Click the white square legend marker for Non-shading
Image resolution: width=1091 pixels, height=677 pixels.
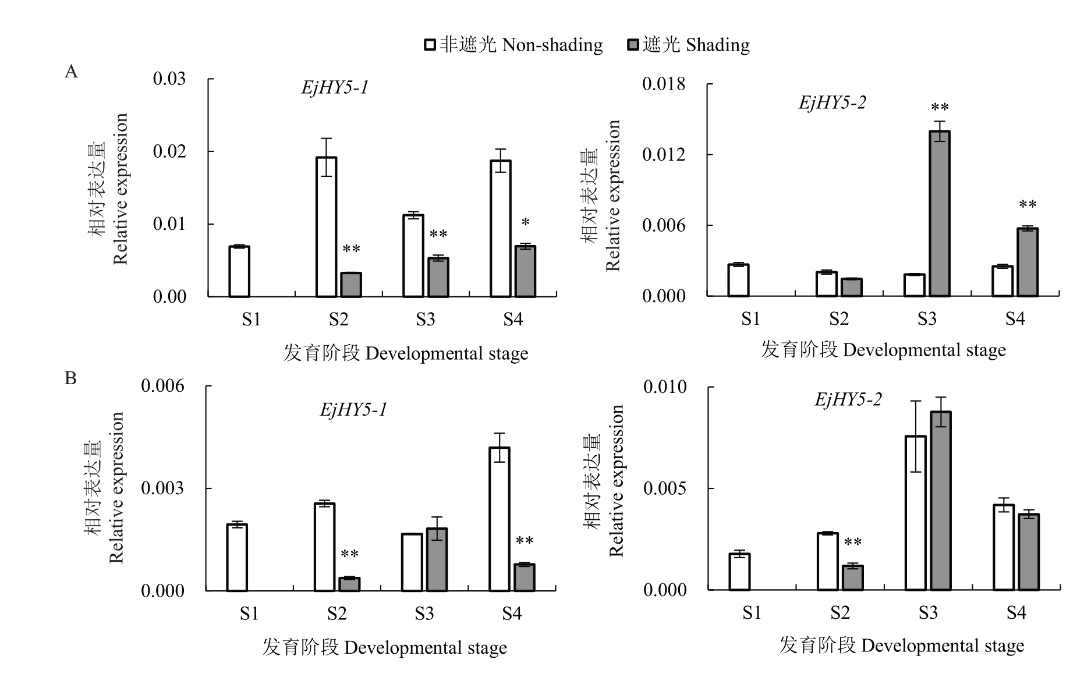point(430,45)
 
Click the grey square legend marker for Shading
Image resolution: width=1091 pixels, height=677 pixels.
point(633,45)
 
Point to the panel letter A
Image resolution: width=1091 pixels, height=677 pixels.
point(71,72)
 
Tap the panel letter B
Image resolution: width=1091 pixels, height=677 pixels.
point(70,378)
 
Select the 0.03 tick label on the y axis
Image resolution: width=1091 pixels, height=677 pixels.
point(169,79)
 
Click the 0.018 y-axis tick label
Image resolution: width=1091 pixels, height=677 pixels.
point(664,84)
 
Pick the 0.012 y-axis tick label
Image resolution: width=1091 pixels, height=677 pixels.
point(664,155)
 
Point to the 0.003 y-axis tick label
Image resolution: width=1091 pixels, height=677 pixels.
point(162,488)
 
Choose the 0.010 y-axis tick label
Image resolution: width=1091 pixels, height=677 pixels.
point(665,387)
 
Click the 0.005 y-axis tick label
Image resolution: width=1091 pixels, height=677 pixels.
point(665,488)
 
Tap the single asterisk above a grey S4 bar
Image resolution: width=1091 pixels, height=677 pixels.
point(526,223)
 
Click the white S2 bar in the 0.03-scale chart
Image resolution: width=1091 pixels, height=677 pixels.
point(327,227)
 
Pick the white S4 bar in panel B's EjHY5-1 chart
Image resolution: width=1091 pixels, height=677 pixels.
point(500,519)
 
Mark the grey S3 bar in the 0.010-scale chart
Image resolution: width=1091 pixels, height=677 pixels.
point(941,501)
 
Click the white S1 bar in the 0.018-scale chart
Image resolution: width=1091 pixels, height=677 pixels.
point(739,280)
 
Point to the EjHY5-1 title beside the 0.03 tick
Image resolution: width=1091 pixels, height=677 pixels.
point(335,87)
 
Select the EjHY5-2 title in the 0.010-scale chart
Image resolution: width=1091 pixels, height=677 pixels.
point(848,399)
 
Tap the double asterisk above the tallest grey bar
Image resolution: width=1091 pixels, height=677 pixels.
point(940,108)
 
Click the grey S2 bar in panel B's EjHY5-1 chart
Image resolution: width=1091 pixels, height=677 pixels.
point(349,584)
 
